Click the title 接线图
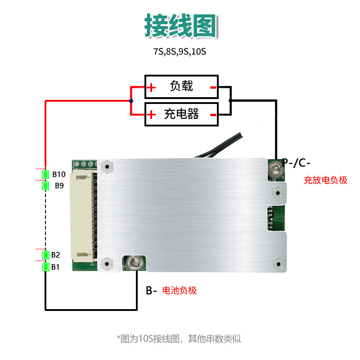[x=180, y=25]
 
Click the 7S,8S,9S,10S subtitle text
[x=180, y=51]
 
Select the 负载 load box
[x=181, y=86]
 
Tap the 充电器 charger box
[x=181, y=114]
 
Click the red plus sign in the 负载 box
[x=152, y=87]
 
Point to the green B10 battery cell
[x=45, y=175]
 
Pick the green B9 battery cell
[x=45, y=185]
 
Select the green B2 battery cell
[x=45, y=255]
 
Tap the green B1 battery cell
[x=45, y=267]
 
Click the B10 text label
[x=59, y=175]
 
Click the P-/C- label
[x=297, y=162]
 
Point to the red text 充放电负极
[x=325, y=180]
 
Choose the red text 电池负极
[x=179, y=290]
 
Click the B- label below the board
[x=151, y=291]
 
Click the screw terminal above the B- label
[x=133, y=262]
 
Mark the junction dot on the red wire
[x=131, y=101]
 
